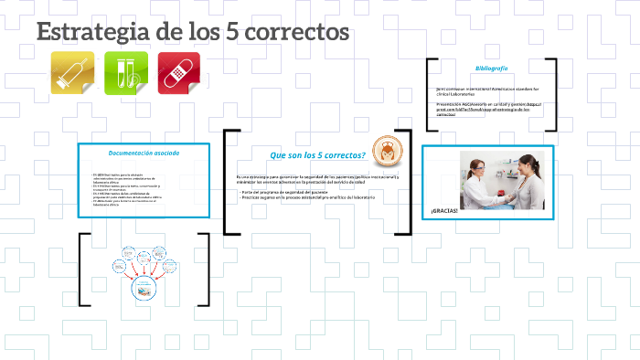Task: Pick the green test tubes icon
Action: (x=126, y=72)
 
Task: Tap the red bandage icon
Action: (x=178, y=72)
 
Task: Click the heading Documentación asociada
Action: (x=144, y=153)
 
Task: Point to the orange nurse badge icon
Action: (x=391, y=150)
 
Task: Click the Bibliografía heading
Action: (x=491, y=69)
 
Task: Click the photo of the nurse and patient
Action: (x=500, y=180)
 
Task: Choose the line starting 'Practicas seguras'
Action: (x=307, y=198)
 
